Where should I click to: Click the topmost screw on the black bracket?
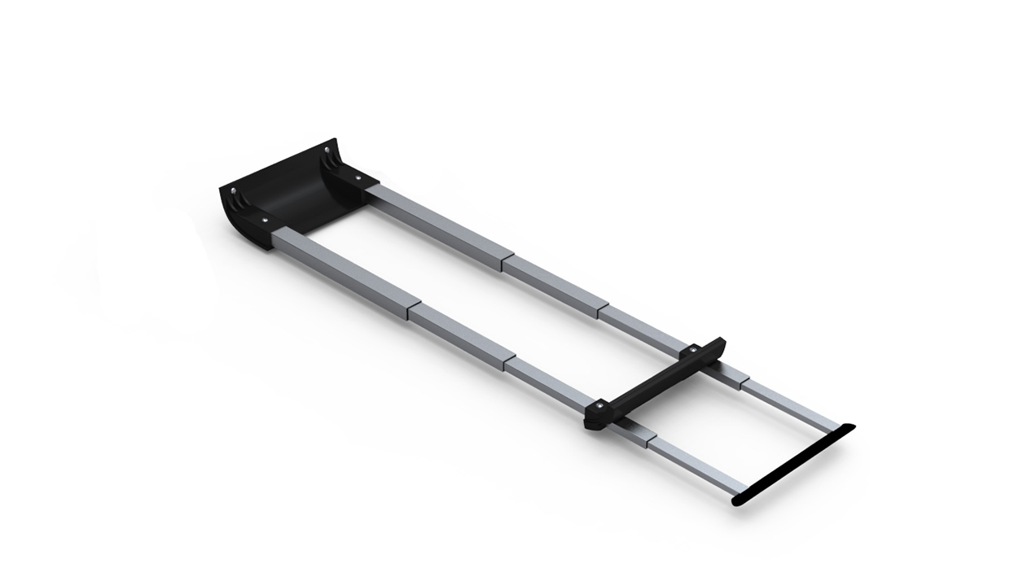pos(327,151)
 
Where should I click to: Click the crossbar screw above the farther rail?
pos(692,350)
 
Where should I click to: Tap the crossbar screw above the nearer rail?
pos(599,404)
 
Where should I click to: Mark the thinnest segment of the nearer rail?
pos(692,463)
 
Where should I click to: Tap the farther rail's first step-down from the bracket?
pos(504,258)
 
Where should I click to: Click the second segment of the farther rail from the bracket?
pos(554,285)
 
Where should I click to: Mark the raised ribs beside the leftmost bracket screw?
pos(239,201)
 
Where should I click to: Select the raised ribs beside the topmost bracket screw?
pos(332,159)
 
